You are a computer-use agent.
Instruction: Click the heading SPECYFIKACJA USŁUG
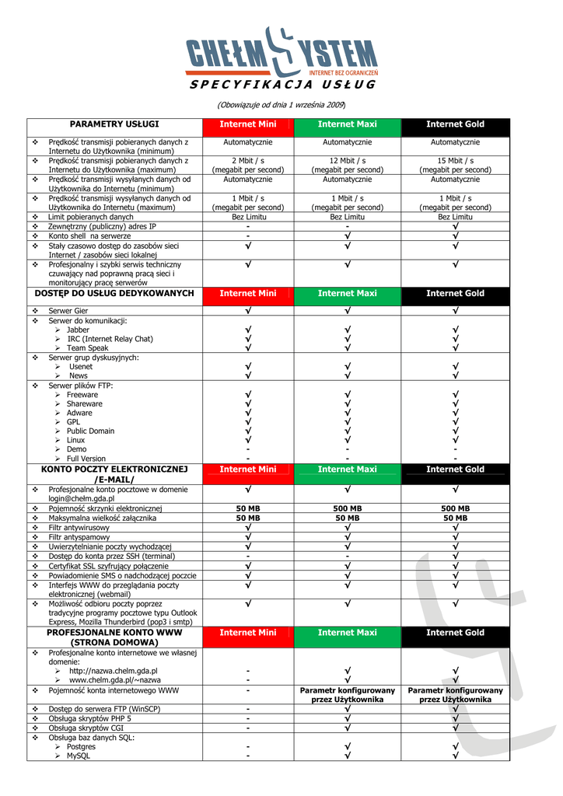point(282,85)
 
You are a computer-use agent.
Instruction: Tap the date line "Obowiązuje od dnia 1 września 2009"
point(281,104)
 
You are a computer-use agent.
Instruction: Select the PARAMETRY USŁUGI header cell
point(114,124)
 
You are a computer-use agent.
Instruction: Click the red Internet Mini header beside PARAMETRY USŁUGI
point(248,124)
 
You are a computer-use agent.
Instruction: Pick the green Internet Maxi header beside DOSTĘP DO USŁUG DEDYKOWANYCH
point(348,294)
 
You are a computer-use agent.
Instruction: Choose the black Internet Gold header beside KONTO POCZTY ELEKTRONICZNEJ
point(455,470)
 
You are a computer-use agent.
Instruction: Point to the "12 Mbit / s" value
point(348,160)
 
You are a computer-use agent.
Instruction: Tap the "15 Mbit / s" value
point(455,160)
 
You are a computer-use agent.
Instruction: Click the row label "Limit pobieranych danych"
point(90,218)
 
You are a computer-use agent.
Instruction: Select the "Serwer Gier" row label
point(68,311)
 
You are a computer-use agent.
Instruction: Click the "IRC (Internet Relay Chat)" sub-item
point(110,339)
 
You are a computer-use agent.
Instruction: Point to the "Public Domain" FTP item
point(90,431)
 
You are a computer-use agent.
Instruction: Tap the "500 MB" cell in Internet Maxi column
point(348,509)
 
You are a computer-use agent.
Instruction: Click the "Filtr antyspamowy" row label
point(79,537)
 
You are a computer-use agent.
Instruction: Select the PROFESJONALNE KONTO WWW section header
point(114,637)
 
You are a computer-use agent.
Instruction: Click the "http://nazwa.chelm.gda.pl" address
point(113,671)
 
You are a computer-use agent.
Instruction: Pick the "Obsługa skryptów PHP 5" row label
point(90,718)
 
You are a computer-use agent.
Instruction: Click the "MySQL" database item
point(79,756)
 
